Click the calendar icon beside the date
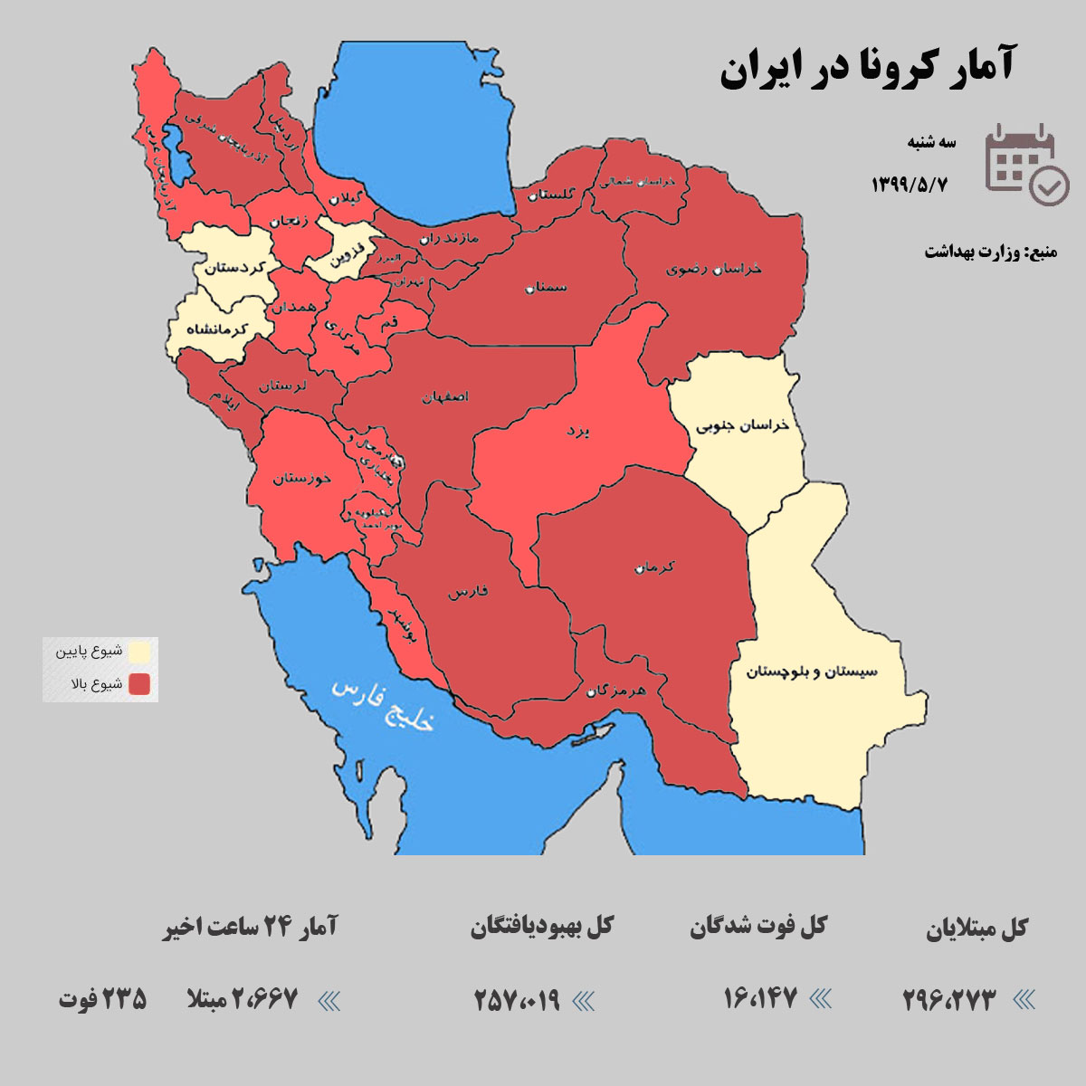click(1026, 164)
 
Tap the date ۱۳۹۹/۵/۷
click(909, 185)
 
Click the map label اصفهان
click(445, 397)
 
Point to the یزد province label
click(578, 432)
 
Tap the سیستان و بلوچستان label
click(812, 672)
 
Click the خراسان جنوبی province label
click(742, 425)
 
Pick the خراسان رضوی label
click(714, 269)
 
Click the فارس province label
click(468, 592)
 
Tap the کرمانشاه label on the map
click(216, 330)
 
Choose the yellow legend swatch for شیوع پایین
click(139, 652)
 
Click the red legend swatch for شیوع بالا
click(139, 684)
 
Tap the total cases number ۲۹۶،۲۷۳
click(949, 1000)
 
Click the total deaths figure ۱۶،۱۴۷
click(760, 999)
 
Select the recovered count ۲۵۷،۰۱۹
click(518, 1000)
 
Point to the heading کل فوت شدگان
click(758, 927)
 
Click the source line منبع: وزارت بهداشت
click(990, 252)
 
